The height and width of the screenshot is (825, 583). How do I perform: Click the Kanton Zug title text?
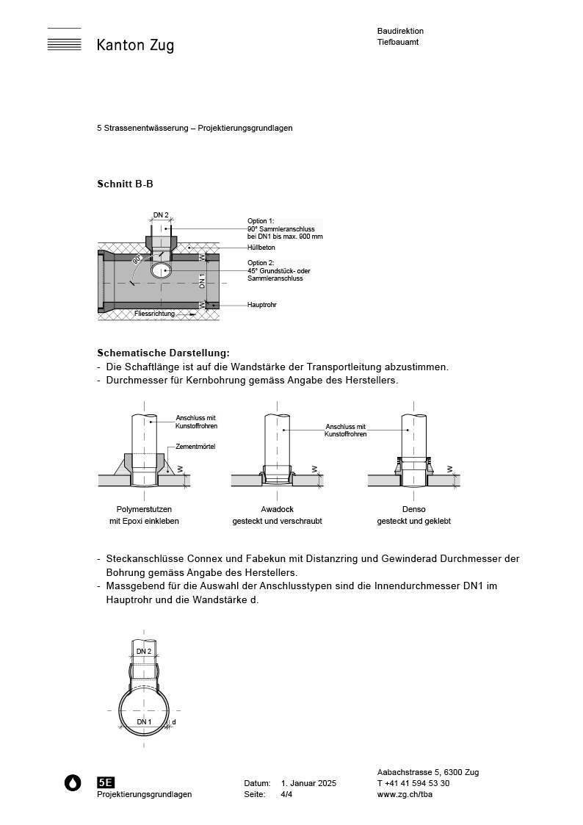(135, 46)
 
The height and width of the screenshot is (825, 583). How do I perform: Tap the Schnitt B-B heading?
(125, 184)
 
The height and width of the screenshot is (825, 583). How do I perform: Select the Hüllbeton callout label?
(261, 248)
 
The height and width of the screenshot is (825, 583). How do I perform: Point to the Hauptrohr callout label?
(262, 304)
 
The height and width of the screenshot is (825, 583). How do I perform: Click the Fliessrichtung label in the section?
(154, 314)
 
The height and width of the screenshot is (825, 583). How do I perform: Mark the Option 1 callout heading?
(261, 220)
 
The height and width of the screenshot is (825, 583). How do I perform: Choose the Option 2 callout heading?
(261, 262)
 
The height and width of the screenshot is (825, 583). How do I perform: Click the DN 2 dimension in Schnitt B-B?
(161, 215)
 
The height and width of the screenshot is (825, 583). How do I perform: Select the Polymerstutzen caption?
(144, 509)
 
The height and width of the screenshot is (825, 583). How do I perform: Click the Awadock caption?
(277, 509)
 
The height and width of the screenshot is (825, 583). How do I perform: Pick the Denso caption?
(413, 509)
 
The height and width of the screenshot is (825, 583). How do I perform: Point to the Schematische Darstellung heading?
(163, 353)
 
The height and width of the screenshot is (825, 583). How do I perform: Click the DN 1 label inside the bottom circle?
(144, 722)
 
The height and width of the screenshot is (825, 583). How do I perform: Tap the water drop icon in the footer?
(73, 782)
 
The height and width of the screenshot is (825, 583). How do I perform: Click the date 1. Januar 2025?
(308, 784)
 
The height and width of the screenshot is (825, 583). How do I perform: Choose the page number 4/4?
(286, 795)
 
